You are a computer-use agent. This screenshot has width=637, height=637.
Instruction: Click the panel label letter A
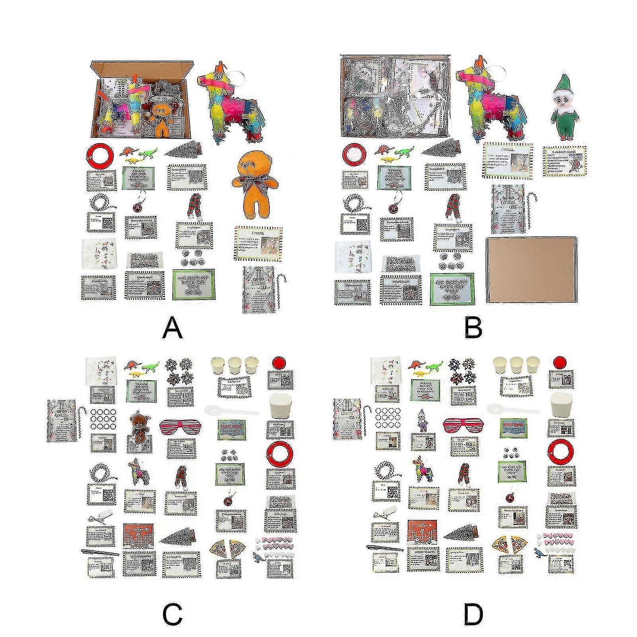(x=172, y=330)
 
